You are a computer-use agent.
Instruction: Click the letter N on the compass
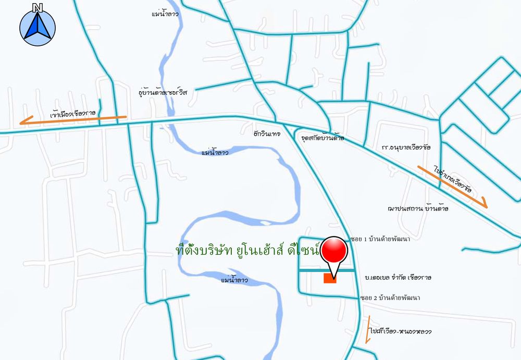click(x=37, y=7)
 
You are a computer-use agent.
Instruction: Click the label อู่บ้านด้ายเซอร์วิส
click(x=163, y=92)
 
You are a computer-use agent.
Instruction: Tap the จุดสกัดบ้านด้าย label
click(x=322, y=136)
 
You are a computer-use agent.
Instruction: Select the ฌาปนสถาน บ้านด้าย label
click(x=418, y=208)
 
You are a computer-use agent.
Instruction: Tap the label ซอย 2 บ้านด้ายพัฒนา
click(x=390, y=297)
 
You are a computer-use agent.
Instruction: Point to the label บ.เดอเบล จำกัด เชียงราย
click(x=399, y=277)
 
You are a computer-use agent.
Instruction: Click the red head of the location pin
click(x=333, y=251)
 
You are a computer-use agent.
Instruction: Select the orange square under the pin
click(x=330, y=278)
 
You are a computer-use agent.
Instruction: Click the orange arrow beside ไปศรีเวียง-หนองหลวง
click(x=368, y=329)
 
